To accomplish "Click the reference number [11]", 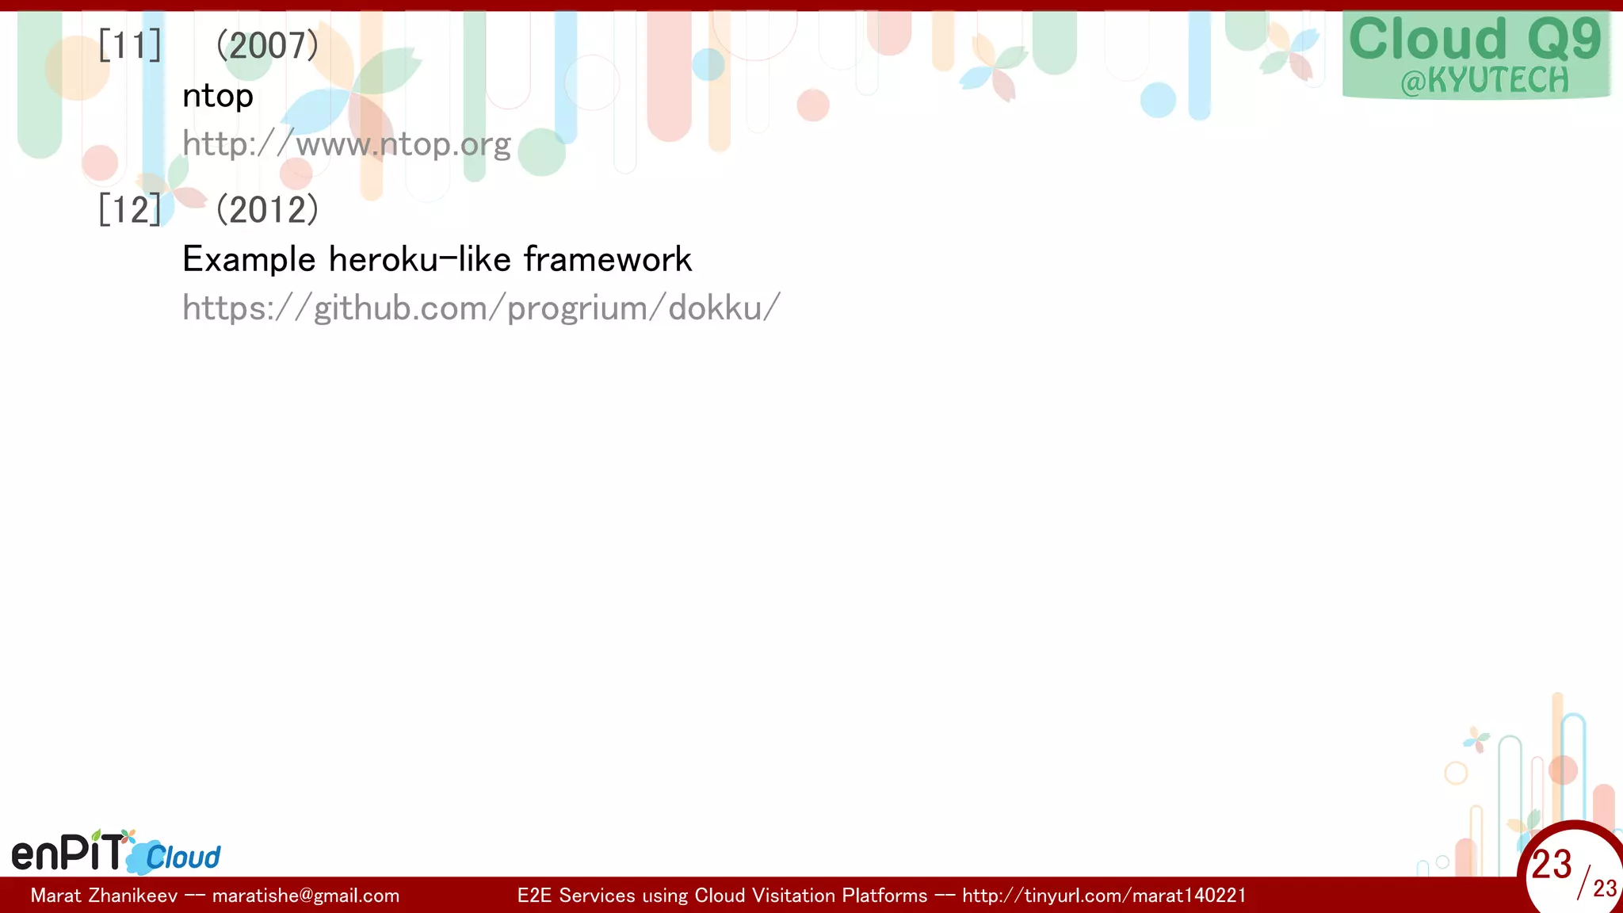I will (130, 45).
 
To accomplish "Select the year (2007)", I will (267, 45).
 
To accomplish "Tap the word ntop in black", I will (218, 97).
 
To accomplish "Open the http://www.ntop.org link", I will (346, 144).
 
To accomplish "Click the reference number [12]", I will (130, 209).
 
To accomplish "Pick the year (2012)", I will (267, 209).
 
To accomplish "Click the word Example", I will (249, 260).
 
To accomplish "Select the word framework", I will (608, 260).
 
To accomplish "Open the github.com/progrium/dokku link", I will (481, 308).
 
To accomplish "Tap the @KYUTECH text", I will (1484, 81).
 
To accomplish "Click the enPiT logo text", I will (68, 853).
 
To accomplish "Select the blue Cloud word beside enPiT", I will (182, 858).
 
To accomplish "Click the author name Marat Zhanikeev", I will (104, 896).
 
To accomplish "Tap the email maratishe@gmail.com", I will (306, 896).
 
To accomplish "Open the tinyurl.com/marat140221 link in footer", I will (1104, 896).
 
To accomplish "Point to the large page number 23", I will (1551, 865).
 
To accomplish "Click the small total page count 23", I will (1605, 888).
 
